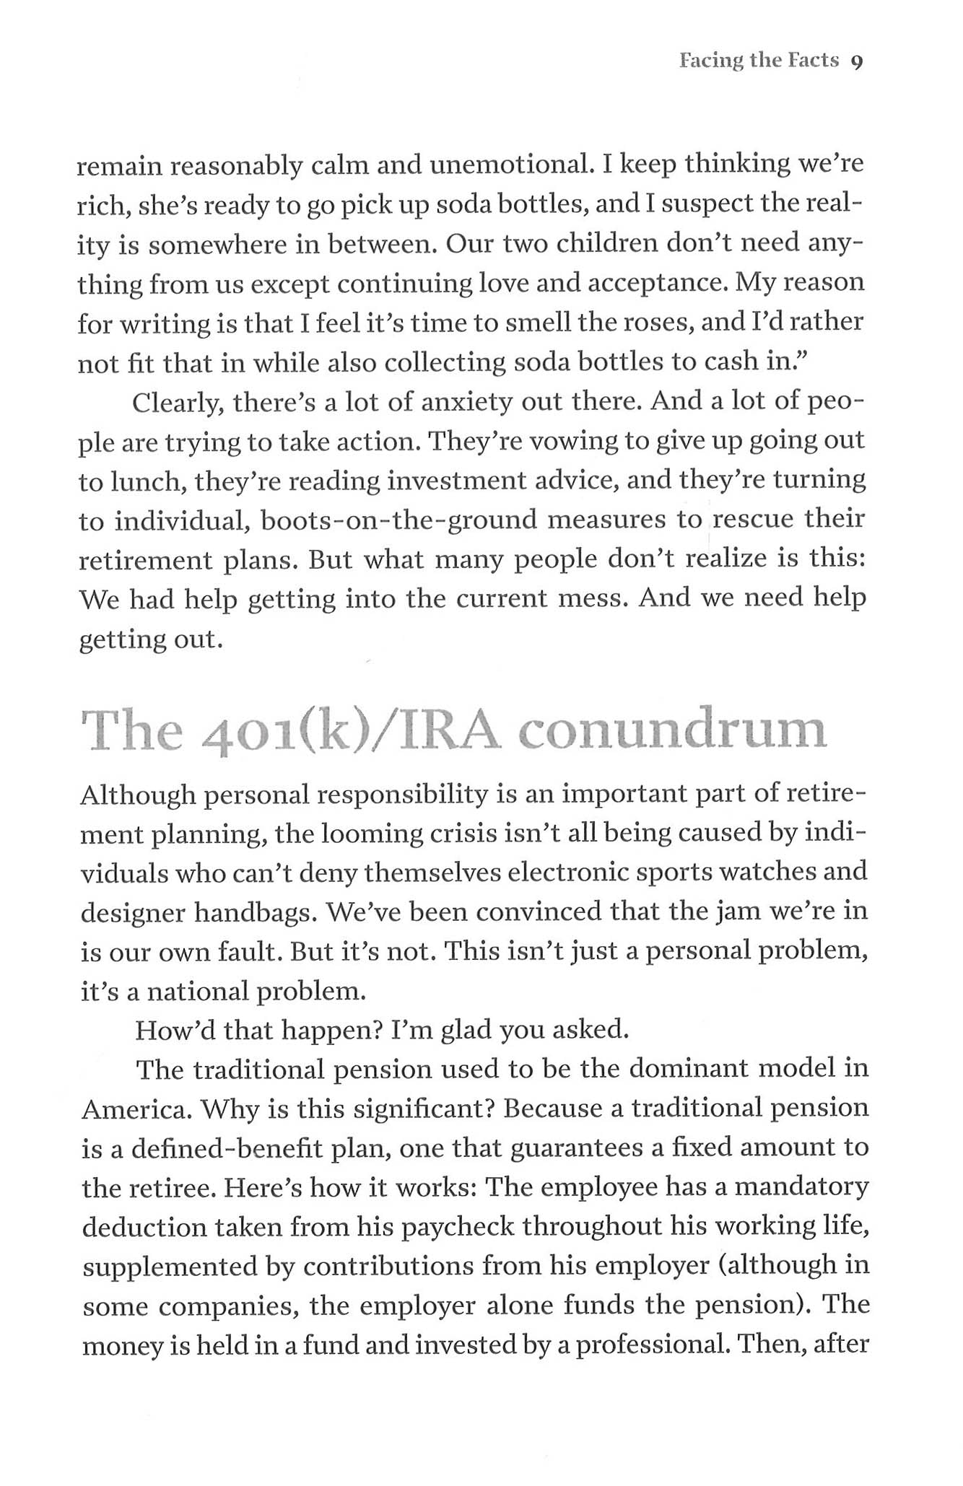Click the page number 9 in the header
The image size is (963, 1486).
coord(857,62)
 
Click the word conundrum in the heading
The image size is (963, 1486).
coord(671,731)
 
